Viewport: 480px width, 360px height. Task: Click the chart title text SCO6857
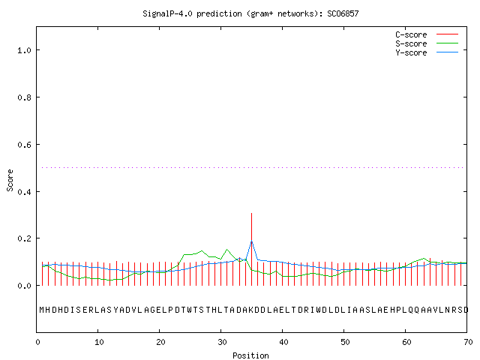[343, 13]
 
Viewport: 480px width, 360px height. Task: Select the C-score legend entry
[427, 34]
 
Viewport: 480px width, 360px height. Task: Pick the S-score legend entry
[427, 43]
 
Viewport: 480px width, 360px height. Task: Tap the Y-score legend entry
[427, 52]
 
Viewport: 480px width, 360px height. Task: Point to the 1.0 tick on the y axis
[25, 50]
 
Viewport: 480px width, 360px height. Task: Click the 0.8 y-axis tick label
[25, 97]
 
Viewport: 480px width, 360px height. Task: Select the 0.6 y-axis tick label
[25, 145]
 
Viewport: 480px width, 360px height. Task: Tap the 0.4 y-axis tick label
[25, 192]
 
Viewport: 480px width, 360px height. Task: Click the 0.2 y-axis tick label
[25, 238]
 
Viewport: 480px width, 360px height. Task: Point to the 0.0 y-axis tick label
[25, 286]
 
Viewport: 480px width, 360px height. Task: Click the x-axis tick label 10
[99, 342]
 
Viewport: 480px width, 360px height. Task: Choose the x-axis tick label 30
[222, 342]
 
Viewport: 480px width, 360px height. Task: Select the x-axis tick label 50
[345, 342]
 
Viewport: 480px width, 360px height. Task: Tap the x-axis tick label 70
[468, 342]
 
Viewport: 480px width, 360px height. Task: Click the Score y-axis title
[10, 180]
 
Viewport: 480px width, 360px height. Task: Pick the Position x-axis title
[250, 355]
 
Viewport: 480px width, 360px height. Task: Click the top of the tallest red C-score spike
[252, 213]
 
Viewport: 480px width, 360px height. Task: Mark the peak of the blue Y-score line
[252, 241]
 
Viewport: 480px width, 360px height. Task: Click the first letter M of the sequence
[42, 310]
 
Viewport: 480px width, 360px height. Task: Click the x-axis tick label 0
[37, 342]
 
